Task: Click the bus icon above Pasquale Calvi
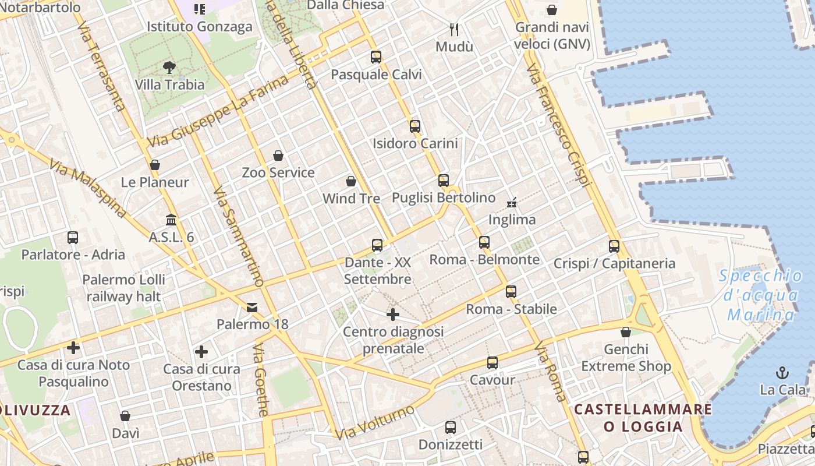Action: click(376, 57)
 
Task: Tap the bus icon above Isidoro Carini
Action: click(414, 126)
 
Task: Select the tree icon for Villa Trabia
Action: click(169, 68)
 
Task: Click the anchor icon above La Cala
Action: click(782, 372)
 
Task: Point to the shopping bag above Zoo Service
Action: click(278, 156)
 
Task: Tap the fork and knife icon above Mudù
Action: click(454, 29)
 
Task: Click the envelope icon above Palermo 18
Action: click(252, 307)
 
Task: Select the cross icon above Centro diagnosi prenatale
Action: click(393, 315)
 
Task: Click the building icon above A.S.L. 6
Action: click(171, 220)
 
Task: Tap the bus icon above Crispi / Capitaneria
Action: click(614, 246)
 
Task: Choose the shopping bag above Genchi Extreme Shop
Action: click(626, 332)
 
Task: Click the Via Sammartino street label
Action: click(239, 236)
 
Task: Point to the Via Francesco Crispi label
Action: click(558, 126)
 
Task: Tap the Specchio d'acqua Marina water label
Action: click(761, 295)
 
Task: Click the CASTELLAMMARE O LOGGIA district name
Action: click(643, 418)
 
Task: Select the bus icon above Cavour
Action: click(492, 363)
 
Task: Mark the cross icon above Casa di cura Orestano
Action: click(201, 352)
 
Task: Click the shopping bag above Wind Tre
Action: click(351, 181)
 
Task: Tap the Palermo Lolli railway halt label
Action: click(123, 288)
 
